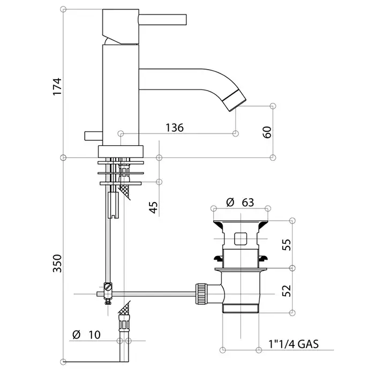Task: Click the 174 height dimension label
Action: pyautogui.click(x=57, y=86)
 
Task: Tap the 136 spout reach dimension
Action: pyautogui.click(x=175, y=127)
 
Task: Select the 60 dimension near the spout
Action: pyautogui.click(x=267, y=132)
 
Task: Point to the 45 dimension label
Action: pyautogui.click(x=153, y=207)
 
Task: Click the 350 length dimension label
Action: pyautogui.click(x=57, y=264)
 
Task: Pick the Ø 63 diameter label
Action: pyautogui.click(x=240, y=202)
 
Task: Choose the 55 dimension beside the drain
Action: pyautogui.click(x=287, y=244)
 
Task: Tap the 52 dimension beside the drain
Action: pyautogui.click(x=287, y=290)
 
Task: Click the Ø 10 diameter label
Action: pyautogui.click(x=86, y=335)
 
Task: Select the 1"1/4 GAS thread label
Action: pyautogui.click(x=294, y=344)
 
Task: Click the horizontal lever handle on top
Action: pyautogui.click(x=162, y=19)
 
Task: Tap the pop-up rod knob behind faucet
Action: pyautogui.click(x=94, y=136)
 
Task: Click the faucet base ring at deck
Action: pyautogui.click(x=121, y=152)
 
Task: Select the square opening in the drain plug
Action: pyautogui.click(x=241, y=239)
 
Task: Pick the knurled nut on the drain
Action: pyautogui.click(x=201, y=294)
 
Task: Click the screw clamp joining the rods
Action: pyautogui.click(x=108, y=293)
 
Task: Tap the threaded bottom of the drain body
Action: pyautogui.click(x=241, y=308)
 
